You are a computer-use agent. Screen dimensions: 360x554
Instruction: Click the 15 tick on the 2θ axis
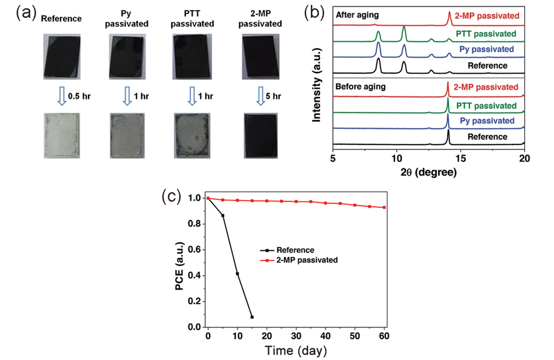click(460, 158)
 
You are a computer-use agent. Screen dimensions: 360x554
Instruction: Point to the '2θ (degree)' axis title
click(428, 172)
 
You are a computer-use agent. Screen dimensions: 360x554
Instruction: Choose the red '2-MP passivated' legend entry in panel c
click(305, 259)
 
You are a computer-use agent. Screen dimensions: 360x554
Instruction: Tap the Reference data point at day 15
click(252, 317)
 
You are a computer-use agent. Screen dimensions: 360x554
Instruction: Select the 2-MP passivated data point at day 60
click(383, 208)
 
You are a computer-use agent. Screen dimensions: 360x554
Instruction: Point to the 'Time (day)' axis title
click(296, 351)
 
